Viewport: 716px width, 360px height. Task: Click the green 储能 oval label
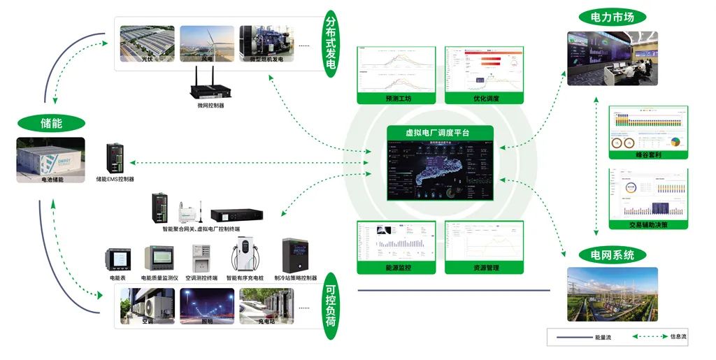coord(51,123)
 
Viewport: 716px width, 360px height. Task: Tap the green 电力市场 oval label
coord(612,17)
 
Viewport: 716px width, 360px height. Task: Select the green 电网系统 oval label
coord(612,255)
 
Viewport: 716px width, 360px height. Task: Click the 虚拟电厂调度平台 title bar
coord(438,132)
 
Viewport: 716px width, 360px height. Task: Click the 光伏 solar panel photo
coord(146,44)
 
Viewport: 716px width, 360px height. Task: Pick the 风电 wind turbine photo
coord(206,44)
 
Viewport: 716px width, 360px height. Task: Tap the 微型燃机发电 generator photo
coord(266,44)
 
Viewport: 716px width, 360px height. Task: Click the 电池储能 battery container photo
coord(51,160)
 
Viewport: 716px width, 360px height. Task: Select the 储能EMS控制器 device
coord(115,159)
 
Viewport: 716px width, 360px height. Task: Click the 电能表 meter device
coord(117,259)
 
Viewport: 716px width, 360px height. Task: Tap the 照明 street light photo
coord(206,306)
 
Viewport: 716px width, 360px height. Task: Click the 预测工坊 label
coord(398,99)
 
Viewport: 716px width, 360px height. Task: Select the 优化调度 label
coord(485,99)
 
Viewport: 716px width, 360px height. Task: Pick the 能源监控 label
coord(398,268)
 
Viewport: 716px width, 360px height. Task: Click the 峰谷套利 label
coord(648,154)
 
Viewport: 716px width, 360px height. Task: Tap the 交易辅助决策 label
coord(648,224)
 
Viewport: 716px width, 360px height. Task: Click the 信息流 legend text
coord(678,337)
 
